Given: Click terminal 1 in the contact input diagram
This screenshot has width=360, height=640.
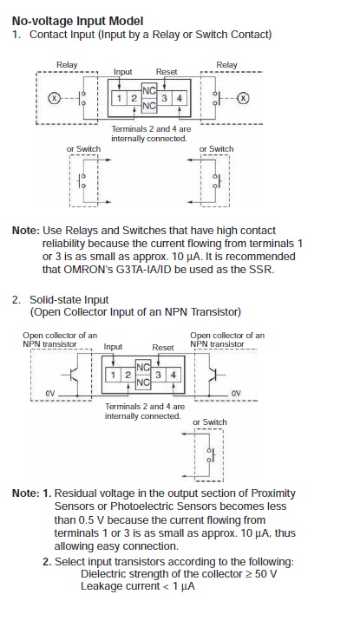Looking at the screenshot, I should (121, 98).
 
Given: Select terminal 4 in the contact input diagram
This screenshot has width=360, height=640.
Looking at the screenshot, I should (178, 98).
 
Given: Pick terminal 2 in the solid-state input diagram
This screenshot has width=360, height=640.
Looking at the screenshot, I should (127, 374).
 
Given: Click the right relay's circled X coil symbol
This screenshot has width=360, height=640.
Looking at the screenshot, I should (244, 98).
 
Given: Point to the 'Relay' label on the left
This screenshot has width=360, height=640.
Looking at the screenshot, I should (67, 65).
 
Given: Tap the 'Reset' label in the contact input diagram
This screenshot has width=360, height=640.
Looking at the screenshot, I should (167, 72).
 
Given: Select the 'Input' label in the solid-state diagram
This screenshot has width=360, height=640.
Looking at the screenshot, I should (113, 347).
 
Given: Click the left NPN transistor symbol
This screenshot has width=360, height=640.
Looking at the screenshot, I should (70, 374).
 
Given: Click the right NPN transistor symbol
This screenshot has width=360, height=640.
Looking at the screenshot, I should (215, 374).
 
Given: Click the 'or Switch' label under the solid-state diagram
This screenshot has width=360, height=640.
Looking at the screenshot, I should (209, 422).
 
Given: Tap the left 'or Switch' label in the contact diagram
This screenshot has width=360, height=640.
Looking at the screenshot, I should (83, 149).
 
